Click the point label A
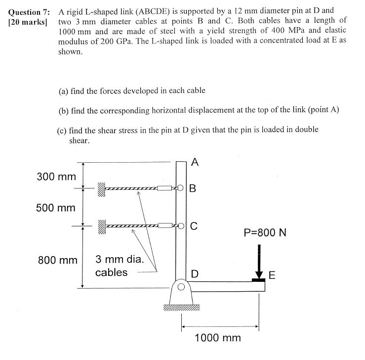click(195, 162)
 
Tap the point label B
click(193, 188)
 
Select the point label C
click(194, 226)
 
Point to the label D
click(195, 274)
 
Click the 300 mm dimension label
click(56, 177)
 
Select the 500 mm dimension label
click(56, 207)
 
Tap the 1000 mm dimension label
click(218, 338)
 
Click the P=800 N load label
click(265, 232)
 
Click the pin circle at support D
click(181, 287)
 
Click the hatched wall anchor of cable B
click(101, 188)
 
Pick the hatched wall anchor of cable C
click(101, 226)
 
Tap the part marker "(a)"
click(63, 91)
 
